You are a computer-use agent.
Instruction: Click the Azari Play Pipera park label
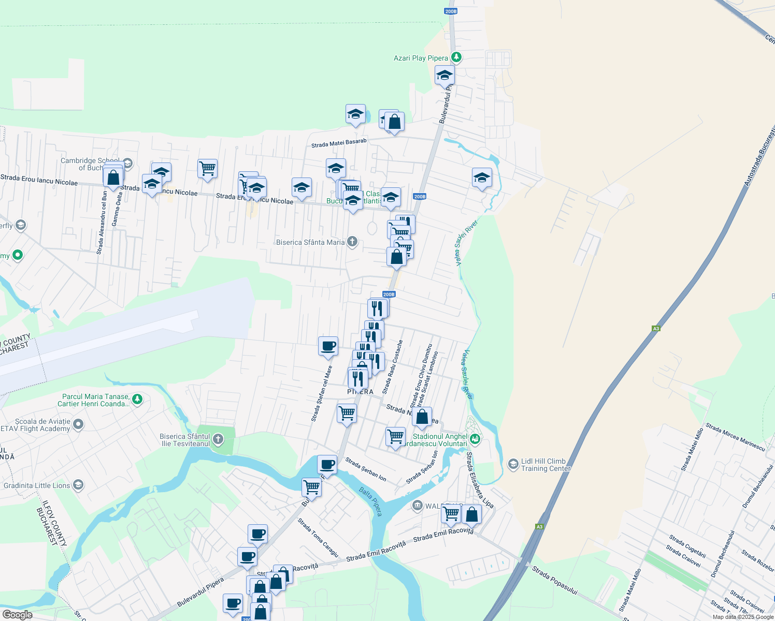[x=421, y=58]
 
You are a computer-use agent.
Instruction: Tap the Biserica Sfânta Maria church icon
[x=352, y=242]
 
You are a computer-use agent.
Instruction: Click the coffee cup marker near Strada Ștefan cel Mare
[x=328, y=346]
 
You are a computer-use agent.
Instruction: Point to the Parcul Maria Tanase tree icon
[x=137, y=399]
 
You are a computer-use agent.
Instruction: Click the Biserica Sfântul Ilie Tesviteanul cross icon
[x=218, y=440]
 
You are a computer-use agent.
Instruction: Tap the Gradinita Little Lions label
[x=37, y=485]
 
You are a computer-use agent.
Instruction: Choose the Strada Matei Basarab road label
[x=339, y=143]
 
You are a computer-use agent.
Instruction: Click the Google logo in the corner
[x=17, y=614]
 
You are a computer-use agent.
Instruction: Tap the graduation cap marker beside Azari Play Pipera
[x=444, y=76]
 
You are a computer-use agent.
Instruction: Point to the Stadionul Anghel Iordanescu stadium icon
[x=476, y=440]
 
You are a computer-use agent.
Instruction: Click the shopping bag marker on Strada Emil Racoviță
[x=471, y=514]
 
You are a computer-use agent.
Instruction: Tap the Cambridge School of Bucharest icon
[x=127, y=164]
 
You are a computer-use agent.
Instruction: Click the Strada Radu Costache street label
[x=392, y=366]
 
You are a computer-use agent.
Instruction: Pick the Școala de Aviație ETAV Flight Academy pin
[x=78, y=425]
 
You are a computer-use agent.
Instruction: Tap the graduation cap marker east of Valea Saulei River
[x=482, y=178]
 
